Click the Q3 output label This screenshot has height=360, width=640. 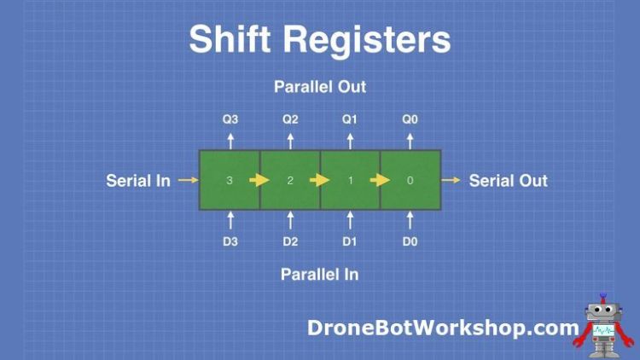(230, 119)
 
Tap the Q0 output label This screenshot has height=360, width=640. (410, 119)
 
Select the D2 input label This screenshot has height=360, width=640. (290, 241)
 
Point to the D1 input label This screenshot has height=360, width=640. (350, 241)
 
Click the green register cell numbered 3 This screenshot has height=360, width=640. (230, 180)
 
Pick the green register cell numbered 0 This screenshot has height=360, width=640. (410, 180)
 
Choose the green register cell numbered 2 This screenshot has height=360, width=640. (290, 180)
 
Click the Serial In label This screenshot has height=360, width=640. (138, 180)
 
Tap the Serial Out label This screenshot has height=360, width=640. (509, 180)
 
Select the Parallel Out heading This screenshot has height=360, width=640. (320, 87)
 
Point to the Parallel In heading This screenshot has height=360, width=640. (320, 274)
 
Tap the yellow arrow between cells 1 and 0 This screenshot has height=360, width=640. (380, 180)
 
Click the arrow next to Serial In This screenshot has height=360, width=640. (189, 180)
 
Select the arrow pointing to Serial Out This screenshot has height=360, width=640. (451, 180)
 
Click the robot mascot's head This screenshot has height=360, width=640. (603, 315)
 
